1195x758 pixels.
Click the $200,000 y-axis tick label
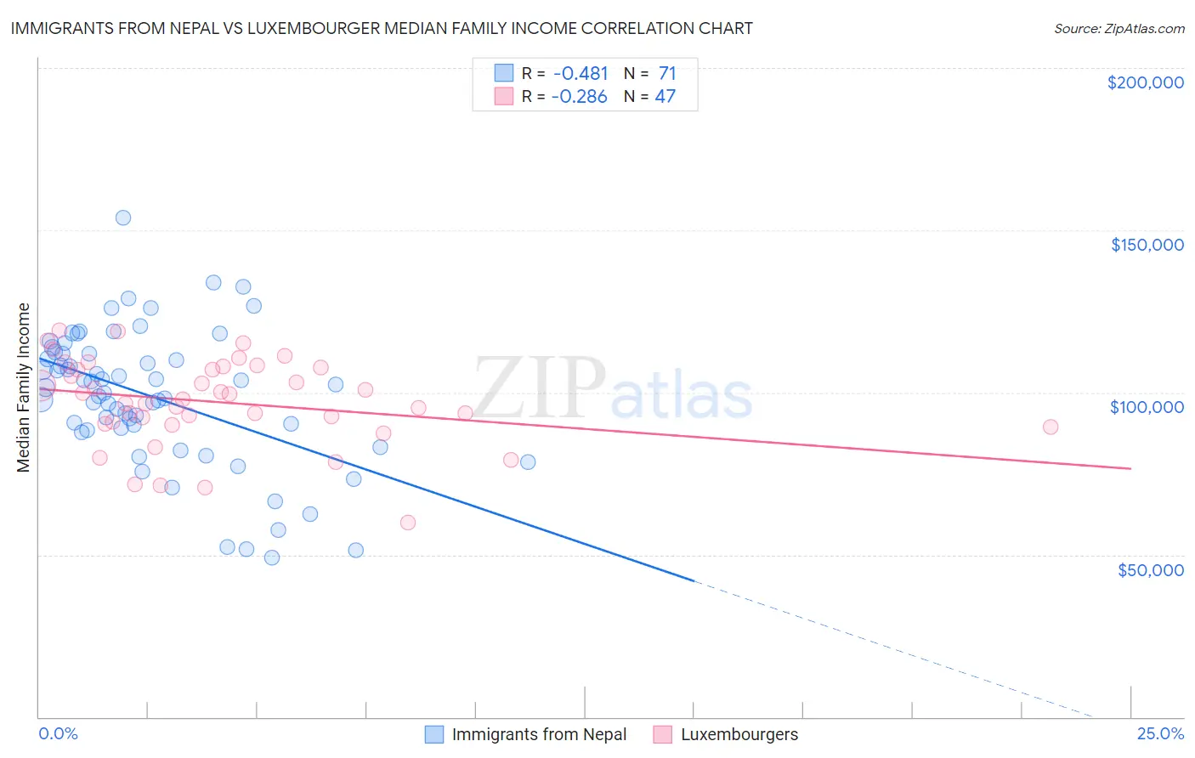click(x=1145, y=82)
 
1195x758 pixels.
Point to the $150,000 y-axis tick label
click(x=1147, y=245)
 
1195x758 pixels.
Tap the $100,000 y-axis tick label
click(x=1147, y=407)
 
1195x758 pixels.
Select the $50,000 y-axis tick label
click(x=1150, y=569)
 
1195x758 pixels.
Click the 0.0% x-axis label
click(x=58, y=733)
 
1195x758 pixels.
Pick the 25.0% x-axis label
click(x=1160, y=733)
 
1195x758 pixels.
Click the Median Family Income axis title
click(x=24, y=387)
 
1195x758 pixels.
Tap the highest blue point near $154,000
click(x=123, y=218)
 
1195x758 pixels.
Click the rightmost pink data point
click(x=1051, y=427)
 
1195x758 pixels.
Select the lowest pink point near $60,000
click(x=408, y=523)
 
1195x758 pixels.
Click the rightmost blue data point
click(x=528, y=462)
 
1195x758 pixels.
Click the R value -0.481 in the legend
click(x=580, y=74)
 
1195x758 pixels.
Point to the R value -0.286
click(x=579, y=97)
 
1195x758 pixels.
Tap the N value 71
click(x=667, y=74)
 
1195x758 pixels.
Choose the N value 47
click(x=665, y=97)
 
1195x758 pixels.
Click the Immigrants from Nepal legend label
click(x=539, y=734)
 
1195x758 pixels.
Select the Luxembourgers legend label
click(x=739, y=734)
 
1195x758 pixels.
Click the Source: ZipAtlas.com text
click(x=1119, y=29)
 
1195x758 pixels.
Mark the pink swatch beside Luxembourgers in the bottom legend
click(x=663, y=734)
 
